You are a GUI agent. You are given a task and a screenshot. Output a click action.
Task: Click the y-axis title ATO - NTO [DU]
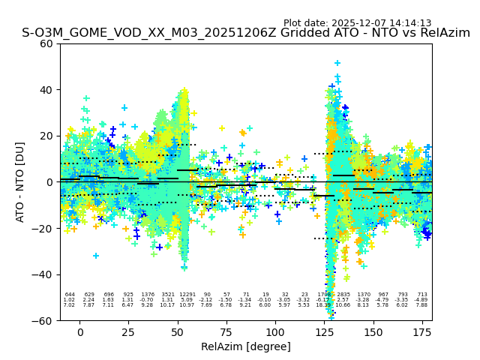coord(20,181)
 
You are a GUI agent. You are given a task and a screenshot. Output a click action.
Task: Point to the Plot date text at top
coord(357,23)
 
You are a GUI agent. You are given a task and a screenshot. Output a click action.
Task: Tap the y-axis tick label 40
coord(46,90)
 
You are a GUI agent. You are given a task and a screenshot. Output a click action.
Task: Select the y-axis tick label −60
coord(43,321)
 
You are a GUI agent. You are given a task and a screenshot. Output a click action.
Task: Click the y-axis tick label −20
coord(43,229)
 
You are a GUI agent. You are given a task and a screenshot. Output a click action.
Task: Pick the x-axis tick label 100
coord(275,332)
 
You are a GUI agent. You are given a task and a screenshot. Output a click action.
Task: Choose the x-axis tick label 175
coord(422,332)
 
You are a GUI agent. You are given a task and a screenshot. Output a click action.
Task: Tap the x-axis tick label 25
coord(128,332)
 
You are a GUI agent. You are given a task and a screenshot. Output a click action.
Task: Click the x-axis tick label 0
coord(79,332)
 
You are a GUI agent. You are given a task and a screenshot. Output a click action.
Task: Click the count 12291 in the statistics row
coord(187,295)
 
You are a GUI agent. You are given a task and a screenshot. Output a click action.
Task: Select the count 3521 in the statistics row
coord(167,295)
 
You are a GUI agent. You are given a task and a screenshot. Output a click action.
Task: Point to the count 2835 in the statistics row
coord(343,295)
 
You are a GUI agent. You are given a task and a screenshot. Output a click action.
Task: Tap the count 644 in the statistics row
coord(70,295)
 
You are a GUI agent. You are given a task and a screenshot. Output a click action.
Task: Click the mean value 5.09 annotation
coord(187,300)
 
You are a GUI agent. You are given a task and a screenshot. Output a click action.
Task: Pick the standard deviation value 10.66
coord(343,305)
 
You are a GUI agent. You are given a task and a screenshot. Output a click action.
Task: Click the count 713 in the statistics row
coord(421,295)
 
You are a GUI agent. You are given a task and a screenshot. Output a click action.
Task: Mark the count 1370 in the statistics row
coord(363,295)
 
